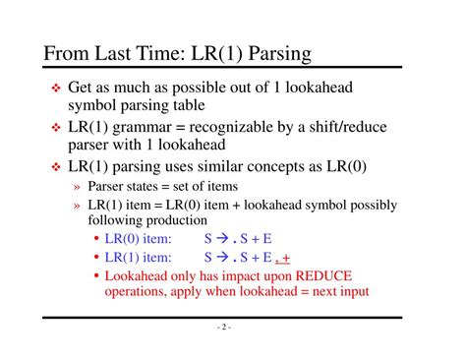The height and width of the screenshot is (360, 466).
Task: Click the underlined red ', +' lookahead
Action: click(285, 258)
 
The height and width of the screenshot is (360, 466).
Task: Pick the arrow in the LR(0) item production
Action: click(222, 239)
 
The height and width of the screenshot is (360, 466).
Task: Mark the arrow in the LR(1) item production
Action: click(222, 257)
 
